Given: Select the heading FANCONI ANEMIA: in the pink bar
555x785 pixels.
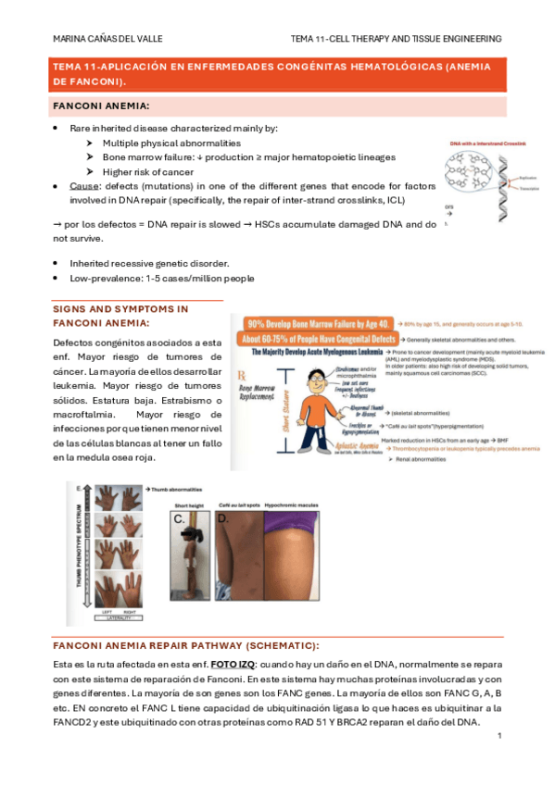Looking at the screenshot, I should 103,106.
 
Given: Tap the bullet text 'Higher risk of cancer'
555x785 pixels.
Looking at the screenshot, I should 147,171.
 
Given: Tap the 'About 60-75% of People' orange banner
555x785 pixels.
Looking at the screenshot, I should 315,338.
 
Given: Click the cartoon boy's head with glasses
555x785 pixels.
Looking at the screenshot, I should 322,380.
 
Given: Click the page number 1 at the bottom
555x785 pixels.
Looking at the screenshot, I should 498,736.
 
